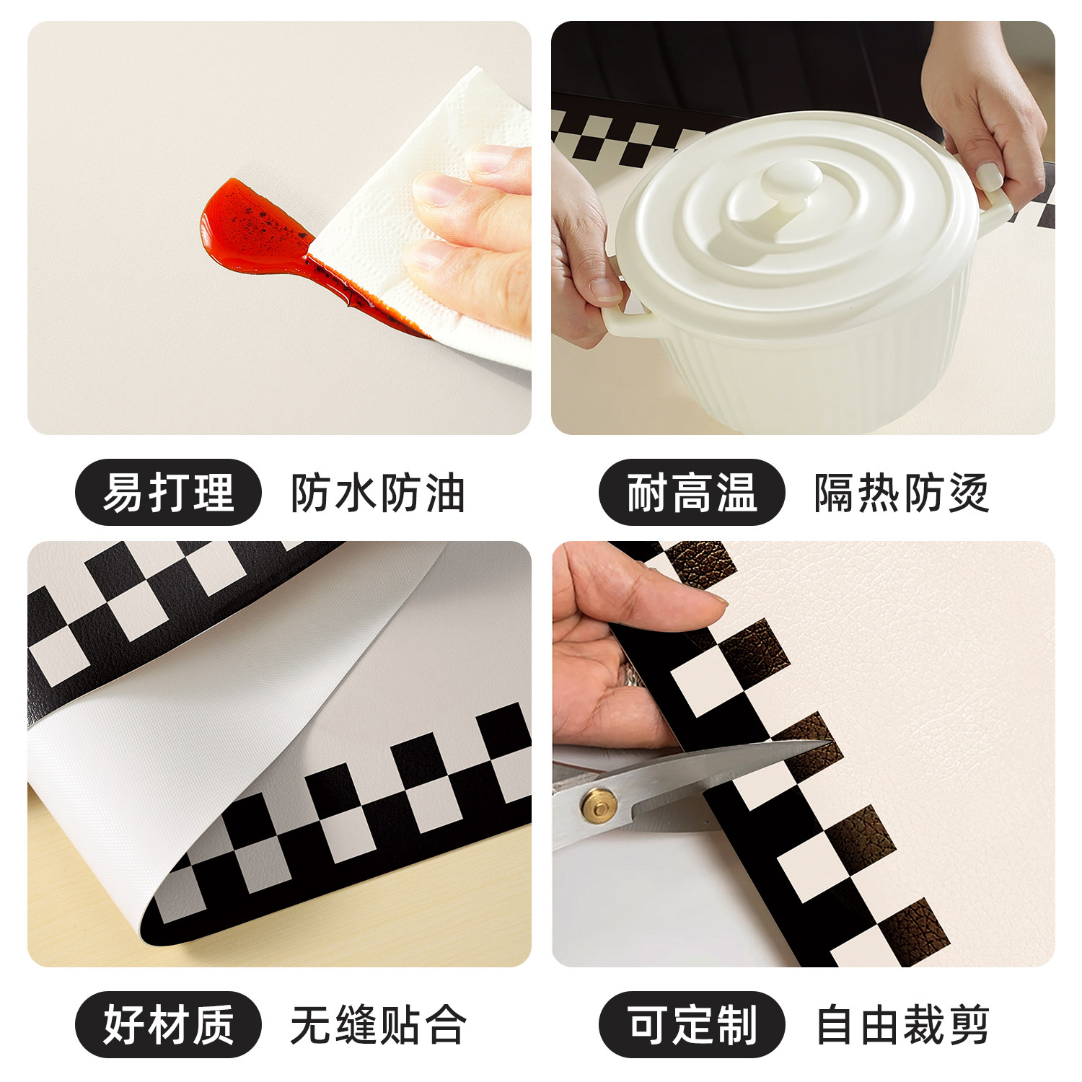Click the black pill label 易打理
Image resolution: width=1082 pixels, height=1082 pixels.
[x=167, y=493]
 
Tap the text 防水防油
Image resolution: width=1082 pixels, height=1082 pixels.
[x=377, y=494]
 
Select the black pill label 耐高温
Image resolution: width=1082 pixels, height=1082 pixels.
[x=691, y=493]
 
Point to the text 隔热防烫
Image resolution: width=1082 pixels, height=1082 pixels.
[x=901, y=494]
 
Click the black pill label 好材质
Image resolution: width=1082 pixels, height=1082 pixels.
[x=167, y=1024]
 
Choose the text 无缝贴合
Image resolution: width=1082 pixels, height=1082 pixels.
[x=377, y=1025]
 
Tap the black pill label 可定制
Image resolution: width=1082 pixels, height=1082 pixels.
[x=691, y=1024]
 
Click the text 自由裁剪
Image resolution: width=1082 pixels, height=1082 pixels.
[x=902, y=1025]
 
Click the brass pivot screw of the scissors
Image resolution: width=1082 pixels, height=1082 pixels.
[x=597, y=804]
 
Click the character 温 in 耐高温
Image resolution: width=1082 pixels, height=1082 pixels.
[x=736, y=493]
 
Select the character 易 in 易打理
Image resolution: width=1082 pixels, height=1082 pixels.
[x=123, y=493]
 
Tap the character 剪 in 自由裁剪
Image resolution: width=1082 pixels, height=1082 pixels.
[x=967, y=1025]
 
